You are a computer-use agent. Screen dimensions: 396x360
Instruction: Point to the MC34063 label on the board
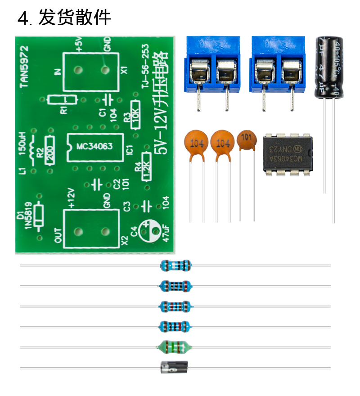click(x=94, y=147)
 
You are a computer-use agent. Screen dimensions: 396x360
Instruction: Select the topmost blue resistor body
click(x=176, y=265)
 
